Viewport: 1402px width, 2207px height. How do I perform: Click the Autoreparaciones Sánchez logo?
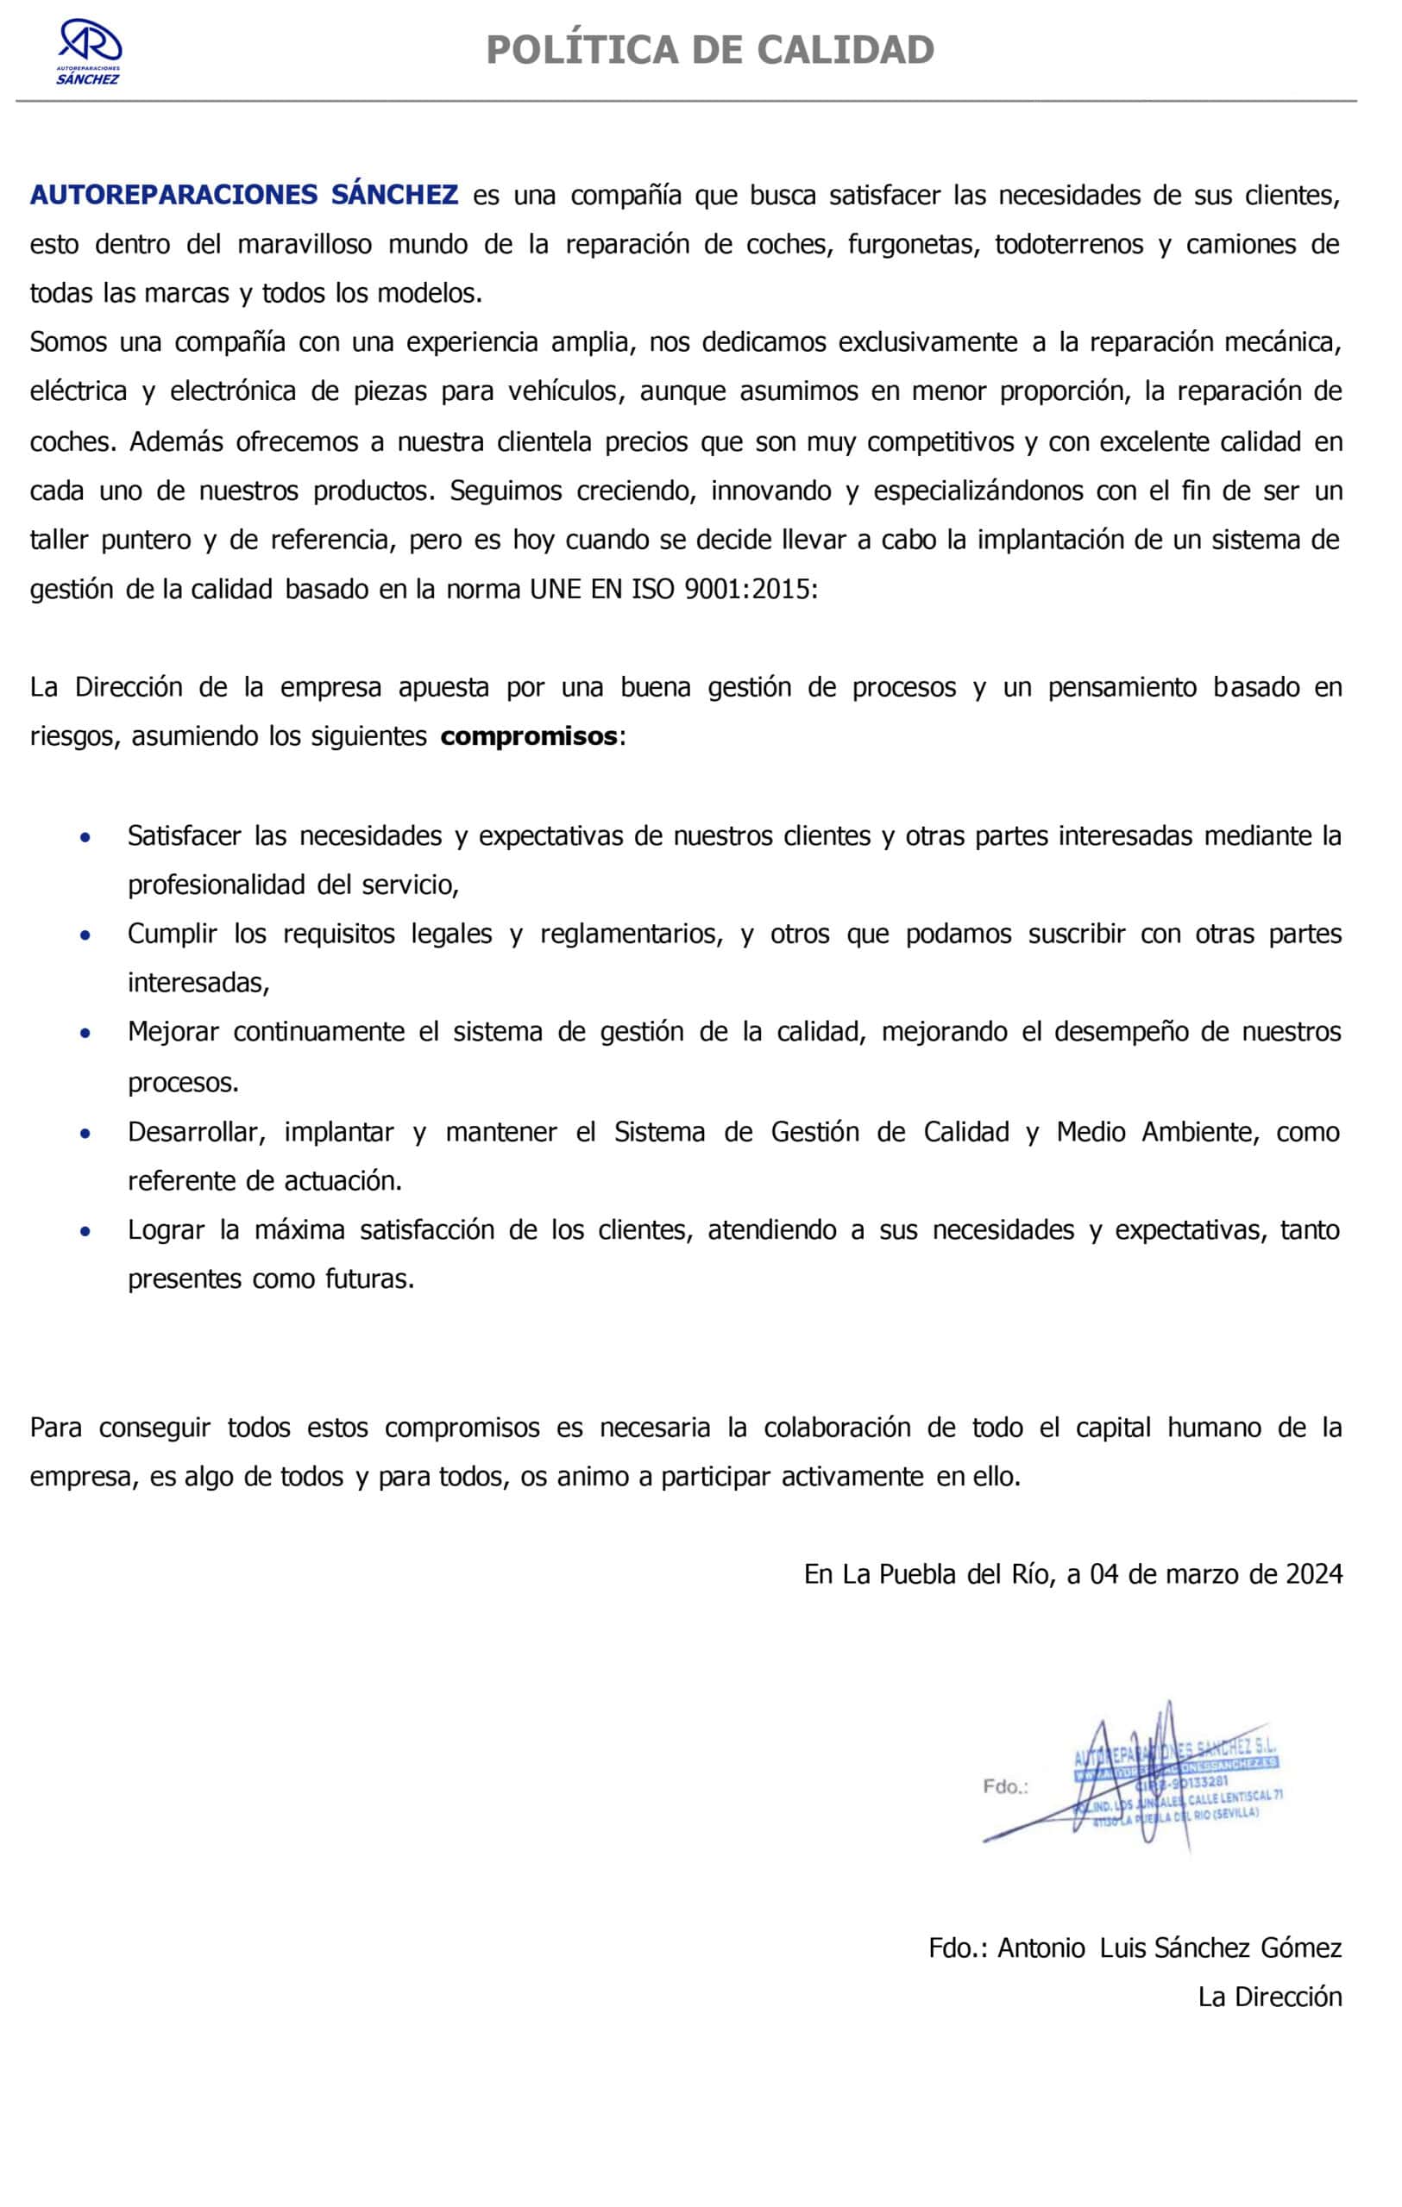coord(89,53)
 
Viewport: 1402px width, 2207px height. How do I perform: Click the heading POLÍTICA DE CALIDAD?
coord(710,49)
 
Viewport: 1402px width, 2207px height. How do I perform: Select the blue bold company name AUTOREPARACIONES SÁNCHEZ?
coord(244,195)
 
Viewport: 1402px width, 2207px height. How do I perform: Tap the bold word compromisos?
coord(528,736)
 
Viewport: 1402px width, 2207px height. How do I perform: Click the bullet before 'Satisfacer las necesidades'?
coord(85,837)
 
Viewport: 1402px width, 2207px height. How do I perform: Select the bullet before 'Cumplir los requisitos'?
coord(85,935)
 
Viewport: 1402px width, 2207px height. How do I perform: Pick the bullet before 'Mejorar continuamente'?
coord(85,1033)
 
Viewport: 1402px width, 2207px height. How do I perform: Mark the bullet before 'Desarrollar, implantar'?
coord(85,1133)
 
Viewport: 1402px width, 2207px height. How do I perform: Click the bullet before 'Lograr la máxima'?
coord(85,1231)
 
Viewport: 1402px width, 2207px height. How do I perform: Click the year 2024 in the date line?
coord(1314,1574)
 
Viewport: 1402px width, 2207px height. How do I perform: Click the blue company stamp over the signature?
coord(1179,1781)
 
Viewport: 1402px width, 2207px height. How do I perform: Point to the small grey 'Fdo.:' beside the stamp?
coord(1005,1785)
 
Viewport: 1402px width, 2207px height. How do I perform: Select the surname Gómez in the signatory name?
coord(1301,1948)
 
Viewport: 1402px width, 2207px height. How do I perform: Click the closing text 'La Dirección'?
coord(1270,1996)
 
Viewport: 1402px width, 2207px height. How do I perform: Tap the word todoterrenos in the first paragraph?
coord(1069,245)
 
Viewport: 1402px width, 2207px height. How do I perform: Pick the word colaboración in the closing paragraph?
coord(837,1427)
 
